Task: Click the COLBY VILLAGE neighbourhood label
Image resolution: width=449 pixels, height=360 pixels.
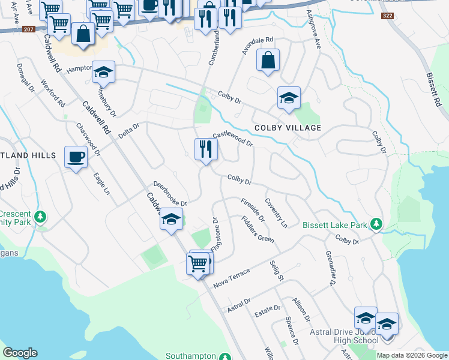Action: [x=288, y=128]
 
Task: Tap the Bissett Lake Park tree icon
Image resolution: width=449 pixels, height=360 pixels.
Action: [x=376, y=224]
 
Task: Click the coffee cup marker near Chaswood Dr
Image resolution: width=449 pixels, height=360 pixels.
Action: [x=76, y=157]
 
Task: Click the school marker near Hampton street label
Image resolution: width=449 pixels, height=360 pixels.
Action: [x=104, y=74]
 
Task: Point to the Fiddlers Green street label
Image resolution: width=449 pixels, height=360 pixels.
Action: [x=258, y=229]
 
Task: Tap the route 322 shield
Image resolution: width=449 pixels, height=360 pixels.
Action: [x=387, y=16]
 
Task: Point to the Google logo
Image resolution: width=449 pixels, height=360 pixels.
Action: [x=20, y=353]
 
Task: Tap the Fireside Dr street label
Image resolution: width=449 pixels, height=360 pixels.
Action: [x=253, y=209]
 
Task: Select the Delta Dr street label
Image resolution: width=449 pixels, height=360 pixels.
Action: [x=128, y=130]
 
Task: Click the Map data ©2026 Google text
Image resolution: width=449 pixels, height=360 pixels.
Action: [x=412, y=355]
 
